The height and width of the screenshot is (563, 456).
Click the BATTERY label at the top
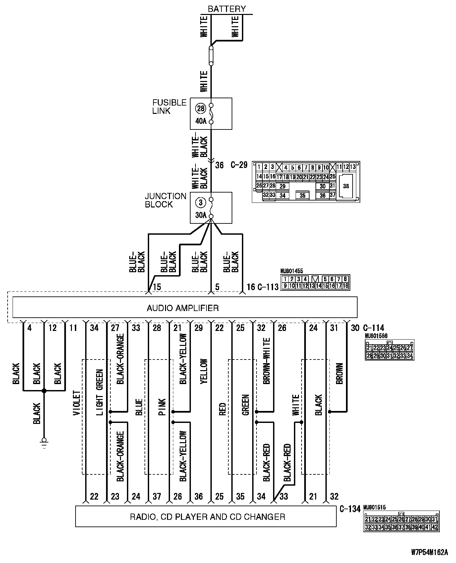[x=227, y=9]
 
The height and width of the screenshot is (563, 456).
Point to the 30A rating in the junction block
[x=201, y=215]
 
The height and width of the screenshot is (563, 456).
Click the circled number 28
[x=201, y=108]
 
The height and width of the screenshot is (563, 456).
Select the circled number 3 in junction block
[x=201, y=202]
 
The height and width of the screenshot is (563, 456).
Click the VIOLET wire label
[x=76, y=403]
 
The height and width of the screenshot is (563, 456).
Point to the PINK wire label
[x=162, y=407]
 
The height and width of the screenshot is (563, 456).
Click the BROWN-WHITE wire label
[x=266, y=361]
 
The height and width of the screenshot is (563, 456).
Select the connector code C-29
[x=239, y=165]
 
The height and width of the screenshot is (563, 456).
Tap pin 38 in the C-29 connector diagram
[x=346, y=186]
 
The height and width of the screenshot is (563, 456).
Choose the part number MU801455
[x=292, y=271]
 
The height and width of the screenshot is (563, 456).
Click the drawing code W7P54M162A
[x=429, y=552]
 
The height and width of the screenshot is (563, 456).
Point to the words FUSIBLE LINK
[x=169, y=107]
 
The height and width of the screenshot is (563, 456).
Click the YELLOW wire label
[x=203, y=371]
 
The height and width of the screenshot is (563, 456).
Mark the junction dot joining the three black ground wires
[x=44, y=391]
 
